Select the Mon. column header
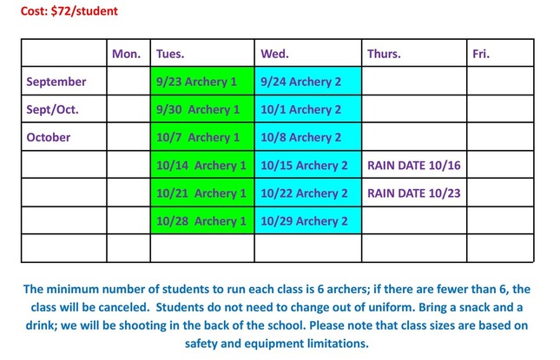(126, 54)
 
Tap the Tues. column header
(170, 54)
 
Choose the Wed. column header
(274, 54)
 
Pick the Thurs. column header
(384, 54)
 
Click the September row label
(56, 82)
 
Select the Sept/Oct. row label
(53, 109)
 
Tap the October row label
(49, 137)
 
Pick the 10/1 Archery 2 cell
(300, 109)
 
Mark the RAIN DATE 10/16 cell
(412, 165)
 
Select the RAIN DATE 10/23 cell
(412, 193)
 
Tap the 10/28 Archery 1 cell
(201, 220)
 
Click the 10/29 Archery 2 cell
(304, 220)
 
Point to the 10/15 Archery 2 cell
(304, 165)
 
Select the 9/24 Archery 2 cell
(300, 82)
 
